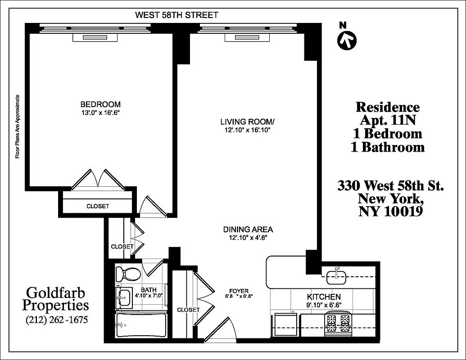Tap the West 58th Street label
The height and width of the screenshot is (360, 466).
[x=176, y=15]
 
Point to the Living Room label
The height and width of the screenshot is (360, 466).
[x=247, y=121]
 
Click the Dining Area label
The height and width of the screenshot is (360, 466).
[x=248, y=229]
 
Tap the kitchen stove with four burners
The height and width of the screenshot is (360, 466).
[x=339, y=324]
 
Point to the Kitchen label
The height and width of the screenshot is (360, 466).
[x=323, y=297]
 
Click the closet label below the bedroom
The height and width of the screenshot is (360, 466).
[x=98, y=206]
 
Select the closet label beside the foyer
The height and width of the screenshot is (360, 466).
[x=188, y=310]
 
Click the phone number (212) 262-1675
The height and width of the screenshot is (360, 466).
[x=56, y=320]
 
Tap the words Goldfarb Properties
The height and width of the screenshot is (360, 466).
[x=56, y=299]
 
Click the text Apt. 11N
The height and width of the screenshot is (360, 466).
[x=387, y=121]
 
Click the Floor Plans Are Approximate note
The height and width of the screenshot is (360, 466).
[x=18, y=126]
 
